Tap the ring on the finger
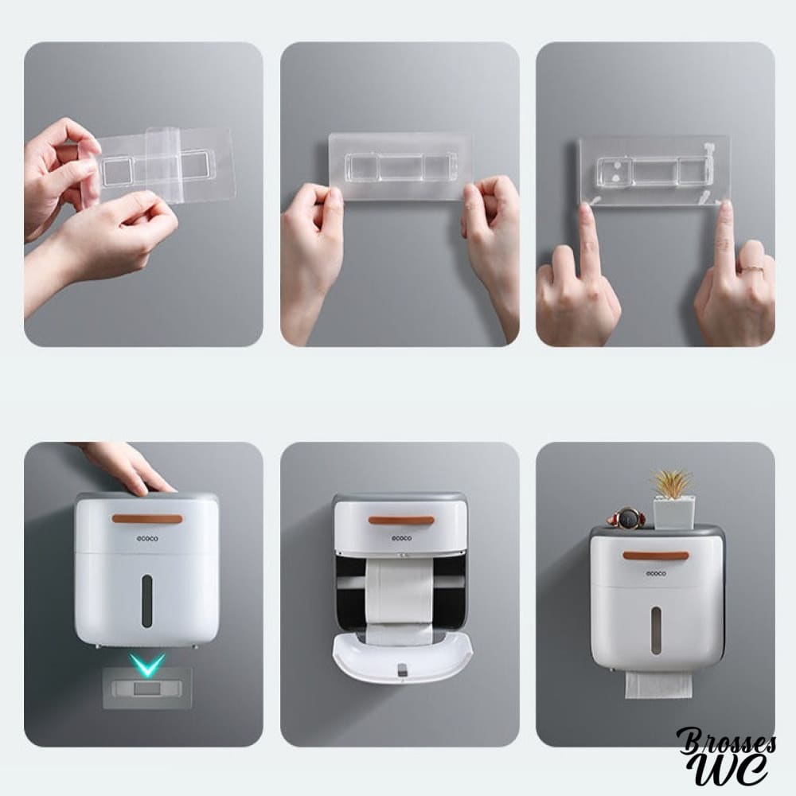pyautogui.click(x=752, y=270)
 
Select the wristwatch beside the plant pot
pyautogui.click(x=626, y=518)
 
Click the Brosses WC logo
pyautogui.click(x=727, y=756)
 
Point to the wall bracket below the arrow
pyautogui.click(x=147, y=689)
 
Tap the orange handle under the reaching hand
pyautogui.click(x=147, y=519)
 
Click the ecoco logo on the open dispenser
pyautogui.click(x=401, y=538)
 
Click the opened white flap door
pyautogui.click(x=402, y=659)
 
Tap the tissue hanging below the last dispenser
pyautogui.click(x=658, y=685)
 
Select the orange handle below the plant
pyautogui.click(x=656, y=556)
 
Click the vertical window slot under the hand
pyautogui.click(x=146, y=601)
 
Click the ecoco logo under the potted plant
pyautogui.click(x=656, y=574)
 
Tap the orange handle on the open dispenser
pyautogui.click(x=401, y=521)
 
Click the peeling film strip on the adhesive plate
pyautogui.click(x=159, y=164)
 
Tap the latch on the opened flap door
pyautogui.click(x=402, y=669)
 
